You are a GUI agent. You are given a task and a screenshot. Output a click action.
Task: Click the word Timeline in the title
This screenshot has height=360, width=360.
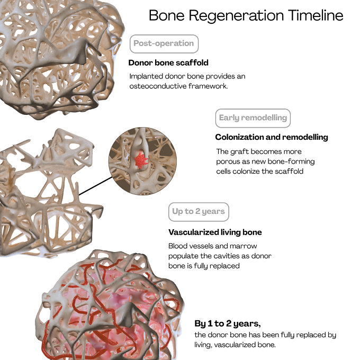coord(316,15)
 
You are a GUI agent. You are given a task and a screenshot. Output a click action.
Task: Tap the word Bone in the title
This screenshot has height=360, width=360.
coord(167,15)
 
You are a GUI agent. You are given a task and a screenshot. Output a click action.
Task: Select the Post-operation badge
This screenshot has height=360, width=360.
coord(164,44)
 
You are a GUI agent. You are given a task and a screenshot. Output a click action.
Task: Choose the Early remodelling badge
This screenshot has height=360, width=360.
coord(253,118)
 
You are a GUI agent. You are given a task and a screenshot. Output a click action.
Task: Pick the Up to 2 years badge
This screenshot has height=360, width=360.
coord(199,212)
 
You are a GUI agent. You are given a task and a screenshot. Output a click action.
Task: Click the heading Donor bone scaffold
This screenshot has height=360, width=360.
coord(168,62)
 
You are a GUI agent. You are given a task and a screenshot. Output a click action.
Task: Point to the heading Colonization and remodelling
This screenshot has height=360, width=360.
coord(272,137)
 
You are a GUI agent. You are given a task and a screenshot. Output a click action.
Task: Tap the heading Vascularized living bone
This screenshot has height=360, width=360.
coord(215,232)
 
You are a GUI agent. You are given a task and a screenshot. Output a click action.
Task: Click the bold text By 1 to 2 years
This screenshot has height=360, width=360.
coord(228,323)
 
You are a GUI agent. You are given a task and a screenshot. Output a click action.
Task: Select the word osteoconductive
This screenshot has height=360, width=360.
coord(158,86)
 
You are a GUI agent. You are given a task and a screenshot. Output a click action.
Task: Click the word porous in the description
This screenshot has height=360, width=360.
coord(228,162)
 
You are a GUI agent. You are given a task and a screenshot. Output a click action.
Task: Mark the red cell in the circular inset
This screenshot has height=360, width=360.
coord(141,160)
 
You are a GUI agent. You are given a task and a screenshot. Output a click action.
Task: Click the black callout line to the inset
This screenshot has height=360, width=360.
coord(95,186)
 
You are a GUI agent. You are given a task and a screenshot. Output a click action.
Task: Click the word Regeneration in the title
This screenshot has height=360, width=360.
coord(237,16)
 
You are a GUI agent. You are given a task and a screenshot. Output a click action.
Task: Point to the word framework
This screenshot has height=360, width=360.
coord(208,86)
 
